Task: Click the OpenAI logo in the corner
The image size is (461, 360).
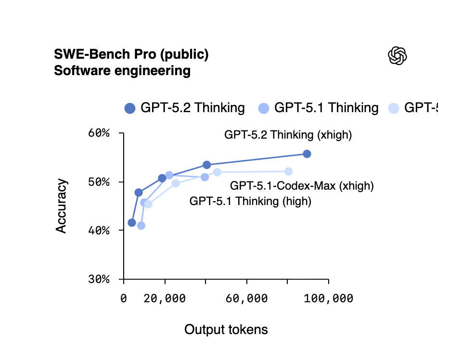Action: tap(397, 56)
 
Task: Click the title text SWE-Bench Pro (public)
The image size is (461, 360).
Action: tap(131, 54)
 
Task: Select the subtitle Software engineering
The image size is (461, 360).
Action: tap(122, 71)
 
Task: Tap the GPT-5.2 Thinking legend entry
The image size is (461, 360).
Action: tap(185, 108)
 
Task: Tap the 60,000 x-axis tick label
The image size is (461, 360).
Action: tap(247, 299)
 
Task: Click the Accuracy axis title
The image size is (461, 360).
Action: tap(61, 206)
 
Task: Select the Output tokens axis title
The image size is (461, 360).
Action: tap(226, 330)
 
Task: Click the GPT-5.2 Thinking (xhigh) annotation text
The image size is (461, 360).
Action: tap(288, 135)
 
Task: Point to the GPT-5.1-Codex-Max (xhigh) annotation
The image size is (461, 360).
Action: tap(302, 185)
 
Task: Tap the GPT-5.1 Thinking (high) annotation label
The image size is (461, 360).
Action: tap(250, 201)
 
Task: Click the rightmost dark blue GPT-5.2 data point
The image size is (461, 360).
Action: tap(307, 154)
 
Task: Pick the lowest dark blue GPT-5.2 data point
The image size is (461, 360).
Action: tap(132, 222)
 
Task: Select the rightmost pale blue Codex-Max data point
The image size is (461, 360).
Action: tap(288, 171)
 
